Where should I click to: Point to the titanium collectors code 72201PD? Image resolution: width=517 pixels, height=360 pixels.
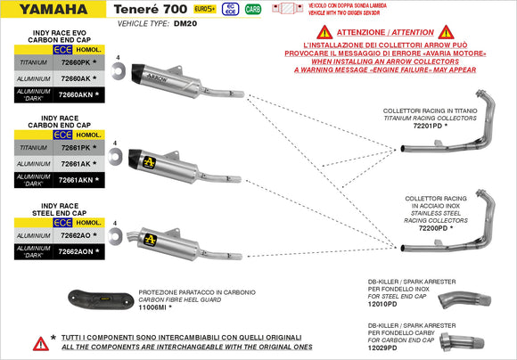(x=431, y=127)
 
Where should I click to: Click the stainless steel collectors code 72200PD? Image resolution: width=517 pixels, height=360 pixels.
(x=431, y=228)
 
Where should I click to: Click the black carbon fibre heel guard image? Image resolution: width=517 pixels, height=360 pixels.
(x=99, y=299)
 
